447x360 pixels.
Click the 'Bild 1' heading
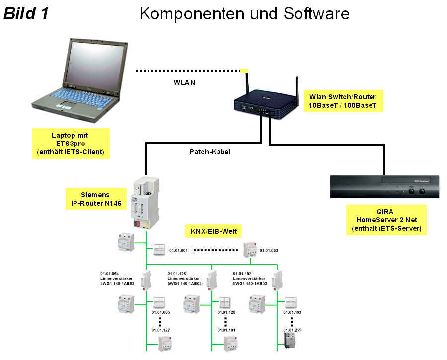(x=26, y=13)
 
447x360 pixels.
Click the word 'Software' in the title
(x=316, y=13)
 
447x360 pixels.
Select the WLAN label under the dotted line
(x=184, y=82)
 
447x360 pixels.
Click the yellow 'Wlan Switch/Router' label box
(x=343, y=101)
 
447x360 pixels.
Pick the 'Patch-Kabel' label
(x=210, y=152)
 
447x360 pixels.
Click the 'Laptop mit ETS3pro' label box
(x=71, y=144)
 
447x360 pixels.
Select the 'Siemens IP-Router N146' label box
(x=96, y=199)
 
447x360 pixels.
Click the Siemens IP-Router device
(x=145, y=203)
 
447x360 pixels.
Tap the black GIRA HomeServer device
(x=384, y=186)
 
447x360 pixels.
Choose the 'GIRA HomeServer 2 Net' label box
(x=386, y=220)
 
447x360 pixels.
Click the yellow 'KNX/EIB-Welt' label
(x=214, y=231)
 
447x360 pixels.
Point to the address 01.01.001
(x=178, y=250)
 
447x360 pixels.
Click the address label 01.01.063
(x=269, y=250)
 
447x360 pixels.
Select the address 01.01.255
(x=292, y=330)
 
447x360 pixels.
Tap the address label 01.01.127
(x=161, y=330)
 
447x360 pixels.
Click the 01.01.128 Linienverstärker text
(x=184, y=278)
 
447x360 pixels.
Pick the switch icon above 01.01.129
(x=225, y=303)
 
